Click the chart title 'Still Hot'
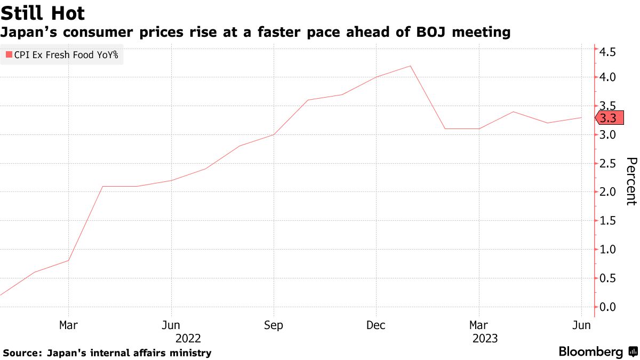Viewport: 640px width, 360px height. click(43, 12)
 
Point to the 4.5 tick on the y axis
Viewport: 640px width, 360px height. click(608, 52)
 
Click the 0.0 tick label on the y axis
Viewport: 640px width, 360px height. click(608, 307)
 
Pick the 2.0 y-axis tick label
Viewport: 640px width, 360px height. click(608, 192)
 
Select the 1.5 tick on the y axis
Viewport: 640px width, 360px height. click(608, 221)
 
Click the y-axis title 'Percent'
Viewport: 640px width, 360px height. click(630, 181)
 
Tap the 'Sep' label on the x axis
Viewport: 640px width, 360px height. click(274, 325)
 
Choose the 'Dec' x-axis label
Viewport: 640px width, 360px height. click(376, 325)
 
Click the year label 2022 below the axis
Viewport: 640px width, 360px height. click(188, 338)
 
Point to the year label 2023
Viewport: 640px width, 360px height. click(485, 338)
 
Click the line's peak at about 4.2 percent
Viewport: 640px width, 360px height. click(411, 66)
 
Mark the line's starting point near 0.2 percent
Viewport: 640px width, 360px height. click(1, 294)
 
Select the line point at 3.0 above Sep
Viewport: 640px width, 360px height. click(274, 134)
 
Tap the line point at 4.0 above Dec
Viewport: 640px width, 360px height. click(376, 77)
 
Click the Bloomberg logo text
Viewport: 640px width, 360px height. click(590, 352)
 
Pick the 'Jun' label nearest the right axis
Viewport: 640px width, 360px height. click(581, 325)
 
